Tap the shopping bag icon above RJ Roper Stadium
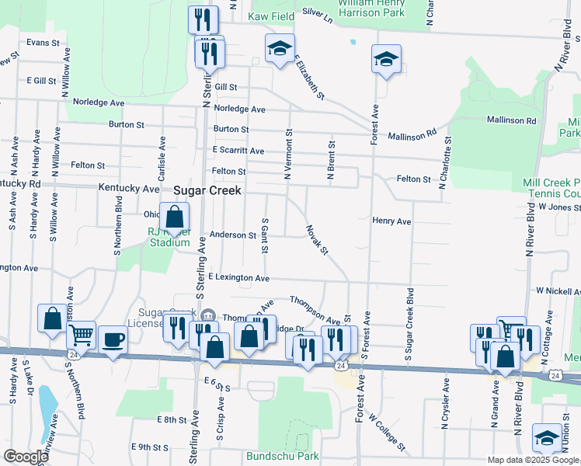175,217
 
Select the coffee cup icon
113,339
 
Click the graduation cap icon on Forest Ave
386,59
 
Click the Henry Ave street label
391,221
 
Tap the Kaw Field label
271,16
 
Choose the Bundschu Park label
277,455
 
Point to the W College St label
388,432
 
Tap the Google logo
25,457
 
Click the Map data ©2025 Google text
533,460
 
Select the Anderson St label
233,235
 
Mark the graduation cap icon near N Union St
547,438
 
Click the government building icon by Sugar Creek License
207,315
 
